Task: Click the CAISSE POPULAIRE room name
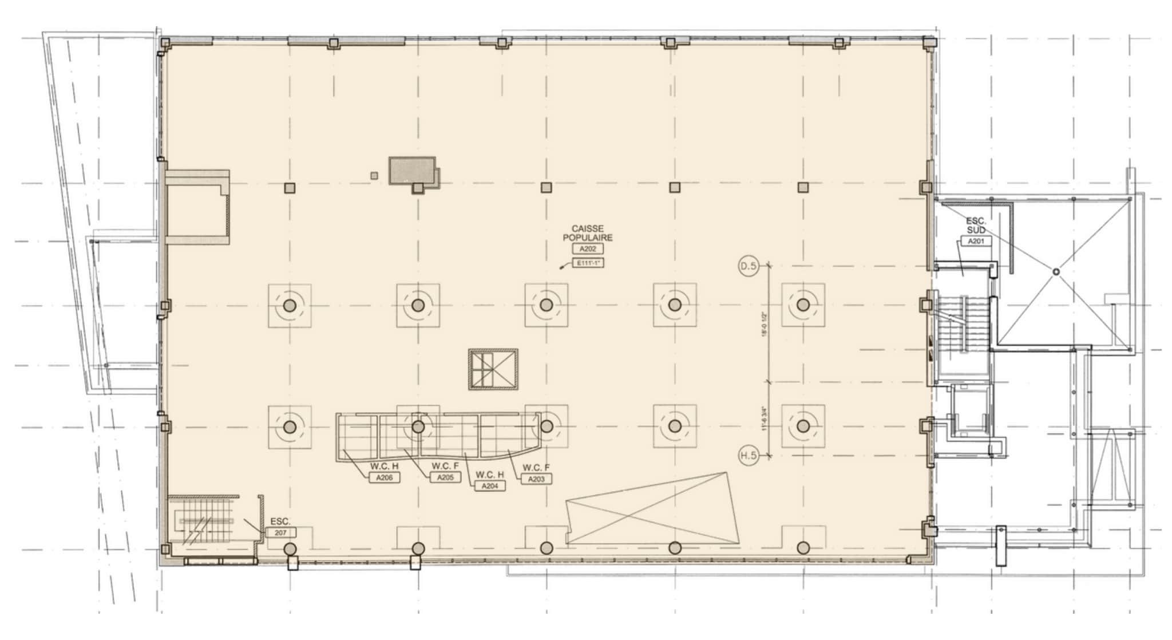[x=588, y=233]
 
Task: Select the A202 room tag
[x=588, y=249]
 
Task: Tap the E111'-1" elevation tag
[x=588, y=263]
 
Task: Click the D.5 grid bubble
[x=749, y=266]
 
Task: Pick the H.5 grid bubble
[x=749, y=456]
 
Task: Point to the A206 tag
[x=384, y=477]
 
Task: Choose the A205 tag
[x=445, y=477]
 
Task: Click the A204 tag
[x=490, y=486]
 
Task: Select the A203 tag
[x=536, y=479]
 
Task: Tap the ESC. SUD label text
[x=976, y=225]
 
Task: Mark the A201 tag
[x=976, y=241]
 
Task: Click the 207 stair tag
[x=280, y=532]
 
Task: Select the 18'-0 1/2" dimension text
[x=764, y=324]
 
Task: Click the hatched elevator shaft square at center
[x=493, y=370]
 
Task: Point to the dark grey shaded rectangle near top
[x=412, y=170]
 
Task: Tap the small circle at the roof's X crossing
[x=1056, y=271]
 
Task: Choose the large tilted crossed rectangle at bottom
[x=652, y=509]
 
